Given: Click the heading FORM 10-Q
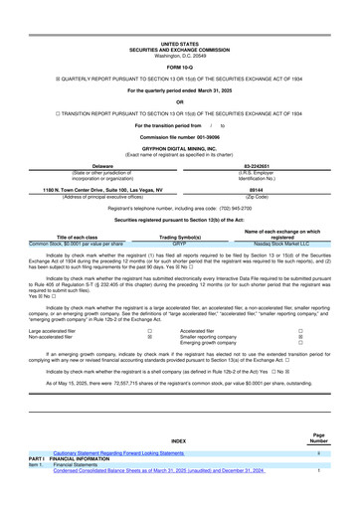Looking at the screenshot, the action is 179,66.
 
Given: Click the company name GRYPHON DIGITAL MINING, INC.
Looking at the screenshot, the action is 179,146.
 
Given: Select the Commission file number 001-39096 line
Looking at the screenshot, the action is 179,135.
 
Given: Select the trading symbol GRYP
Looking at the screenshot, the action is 180,244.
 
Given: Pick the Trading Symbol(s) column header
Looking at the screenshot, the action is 180,238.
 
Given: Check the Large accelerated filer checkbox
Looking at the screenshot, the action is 149,329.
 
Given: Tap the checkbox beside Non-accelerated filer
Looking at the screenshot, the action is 149,337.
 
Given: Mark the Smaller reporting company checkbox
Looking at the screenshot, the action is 300,337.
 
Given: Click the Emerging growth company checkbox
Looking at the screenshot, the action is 300,344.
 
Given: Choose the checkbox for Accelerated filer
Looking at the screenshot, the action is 300,329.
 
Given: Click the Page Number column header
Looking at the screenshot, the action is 317,437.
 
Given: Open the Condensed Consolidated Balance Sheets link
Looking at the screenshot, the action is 159,470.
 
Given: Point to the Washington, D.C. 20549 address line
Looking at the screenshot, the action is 179,55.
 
